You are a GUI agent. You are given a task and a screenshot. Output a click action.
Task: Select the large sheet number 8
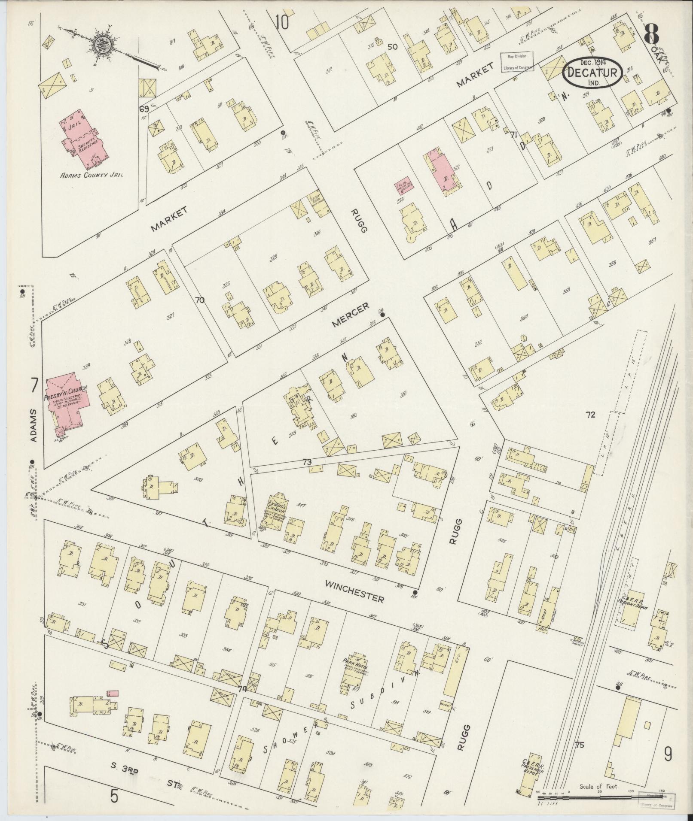click(x=652, y=33)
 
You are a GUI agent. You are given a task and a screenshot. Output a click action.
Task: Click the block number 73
click(x=306, y=462)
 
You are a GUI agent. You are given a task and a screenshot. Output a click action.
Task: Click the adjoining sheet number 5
click(x=113, y=796)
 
